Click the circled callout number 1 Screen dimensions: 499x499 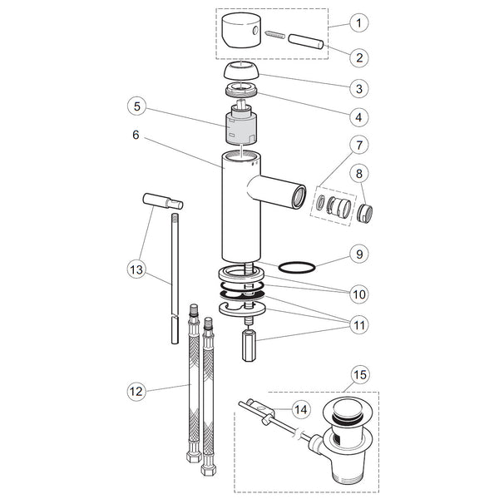tap(359, 23)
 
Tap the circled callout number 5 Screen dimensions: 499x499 tap(137, 106)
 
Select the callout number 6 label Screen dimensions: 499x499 tap(136, 135)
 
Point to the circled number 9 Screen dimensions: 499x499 tap(359, 254)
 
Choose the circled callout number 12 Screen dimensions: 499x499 tap(136, 391)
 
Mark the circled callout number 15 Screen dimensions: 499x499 tap(360, 375)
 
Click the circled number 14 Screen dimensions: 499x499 tap(301, 409)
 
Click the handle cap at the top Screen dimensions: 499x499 tap(241, 31)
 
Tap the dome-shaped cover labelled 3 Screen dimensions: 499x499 tap(241, 71)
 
